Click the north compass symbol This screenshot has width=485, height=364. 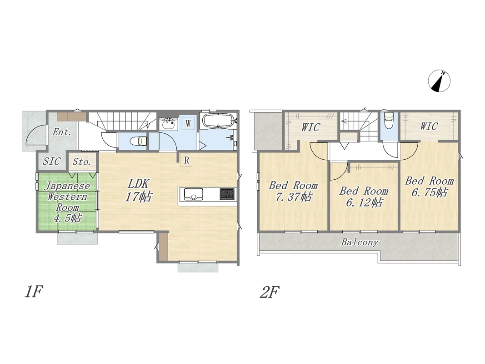click(x=440, y=81)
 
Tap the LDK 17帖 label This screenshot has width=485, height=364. click(x=138, y=190)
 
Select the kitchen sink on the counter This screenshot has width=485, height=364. click(x=193, y=194)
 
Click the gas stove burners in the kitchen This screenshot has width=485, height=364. click(x=228, y=194)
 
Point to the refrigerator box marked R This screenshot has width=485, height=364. click(x=186, y=160)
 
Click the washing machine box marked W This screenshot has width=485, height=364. click(x=188, y=123)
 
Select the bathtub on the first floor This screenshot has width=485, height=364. click(x=219, y=121)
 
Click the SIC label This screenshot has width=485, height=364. click(x=52, y=161)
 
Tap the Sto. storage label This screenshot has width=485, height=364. click(x=82, y=162)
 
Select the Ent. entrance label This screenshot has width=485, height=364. click(x=62, y=132)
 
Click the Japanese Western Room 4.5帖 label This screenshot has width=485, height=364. click(x=67, y=202)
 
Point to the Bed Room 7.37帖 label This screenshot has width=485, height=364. click(x=293, y=191)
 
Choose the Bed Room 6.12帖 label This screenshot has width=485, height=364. click(x=364, y=196)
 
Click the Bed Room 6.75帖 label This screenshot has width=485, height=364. click(x=430, y=187)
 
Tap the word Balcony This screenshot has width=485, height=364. click(x=360, y=242)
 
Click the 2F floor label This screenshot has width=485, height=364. click(x=270, y=292)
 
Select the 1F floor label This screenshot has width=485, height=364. click(x=33, y=292)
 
